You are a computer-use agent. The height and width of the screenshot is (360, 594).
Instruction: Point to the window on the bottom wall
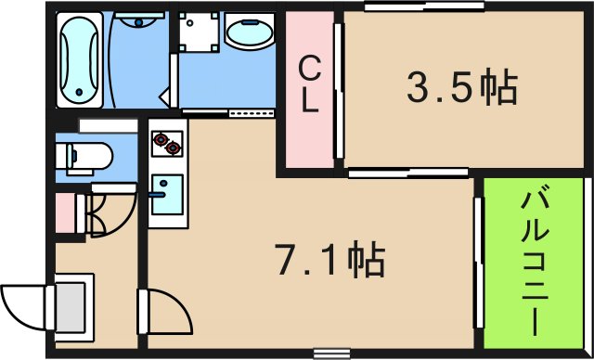click(330, 352)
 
